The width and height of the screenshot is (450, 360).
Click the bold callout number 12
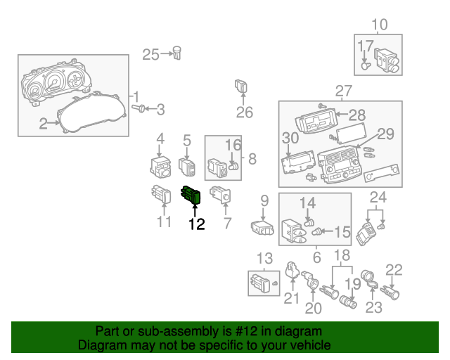tap(196, 224)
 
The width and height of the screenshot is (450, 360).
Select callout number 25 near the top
tap(151, 54)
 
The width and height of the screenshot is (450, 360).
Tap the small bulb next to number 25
tap(179, 53)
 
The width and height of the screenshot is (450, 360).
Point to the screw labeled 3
tap(139, 108)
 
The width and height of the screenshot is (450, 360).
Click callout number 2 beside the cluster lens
tap(44, 124)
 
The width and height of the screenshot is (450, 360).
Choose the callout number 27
tap(342, 91)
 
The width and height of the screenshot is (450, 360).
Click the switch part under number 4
tap(161, 167)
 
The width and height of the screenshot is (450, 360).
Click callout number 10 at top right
tap(379, 25)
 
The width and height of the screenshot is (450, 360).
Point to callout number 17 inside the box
tap(366, 46)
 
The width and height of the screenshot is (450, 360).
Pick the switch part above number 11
tap(162, 194)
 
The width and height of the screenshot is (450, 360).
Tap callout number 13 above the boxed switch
tap(264, 258)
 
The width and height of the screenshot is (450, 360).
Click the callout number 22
tap(394, 269)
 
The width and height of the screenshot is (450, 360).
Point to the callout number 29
tap(385, 133)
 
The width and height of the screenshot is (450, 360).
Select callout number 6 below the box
tap(316, 257)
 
